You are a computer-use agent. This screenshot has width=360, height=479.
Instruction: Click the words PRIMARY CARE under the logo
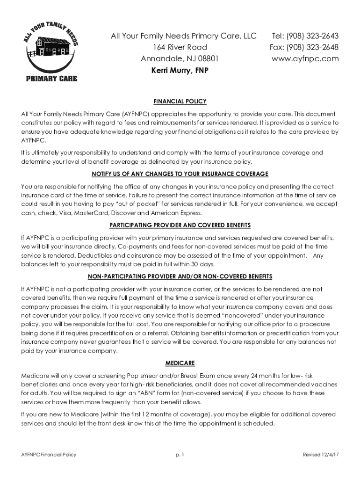tap(51, 78)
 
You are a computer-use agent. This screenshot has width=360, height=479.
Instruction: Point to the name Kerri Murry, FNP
tap(180, 70)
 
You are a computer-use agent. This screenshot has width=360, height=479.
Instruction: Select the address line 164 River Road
tap(180, 47)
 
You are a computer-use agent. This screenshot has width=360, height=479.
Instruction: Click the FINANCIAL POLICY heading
tap(180, 101)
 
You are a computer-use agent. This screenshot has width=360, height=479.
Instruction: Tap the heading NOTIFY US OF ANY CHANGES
tap(180, 174)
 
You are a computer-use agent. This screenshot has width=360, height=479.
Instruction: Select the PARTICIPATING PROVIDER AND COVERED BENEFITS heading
tap(180, 225)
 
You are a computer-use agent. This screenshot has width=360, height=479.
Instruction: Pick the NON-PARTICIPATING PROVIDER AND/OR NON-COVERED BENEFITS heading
tap(180, 276)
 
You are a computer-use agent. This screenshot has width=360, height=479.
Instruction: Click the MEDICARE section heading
tap(180, 363)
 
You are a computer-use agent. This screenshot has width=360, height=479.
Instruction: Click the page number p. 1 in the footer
tap(180, 455)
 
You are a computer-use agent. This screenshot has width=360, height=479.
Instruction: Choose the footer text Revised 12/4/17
tap(320, 455)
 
